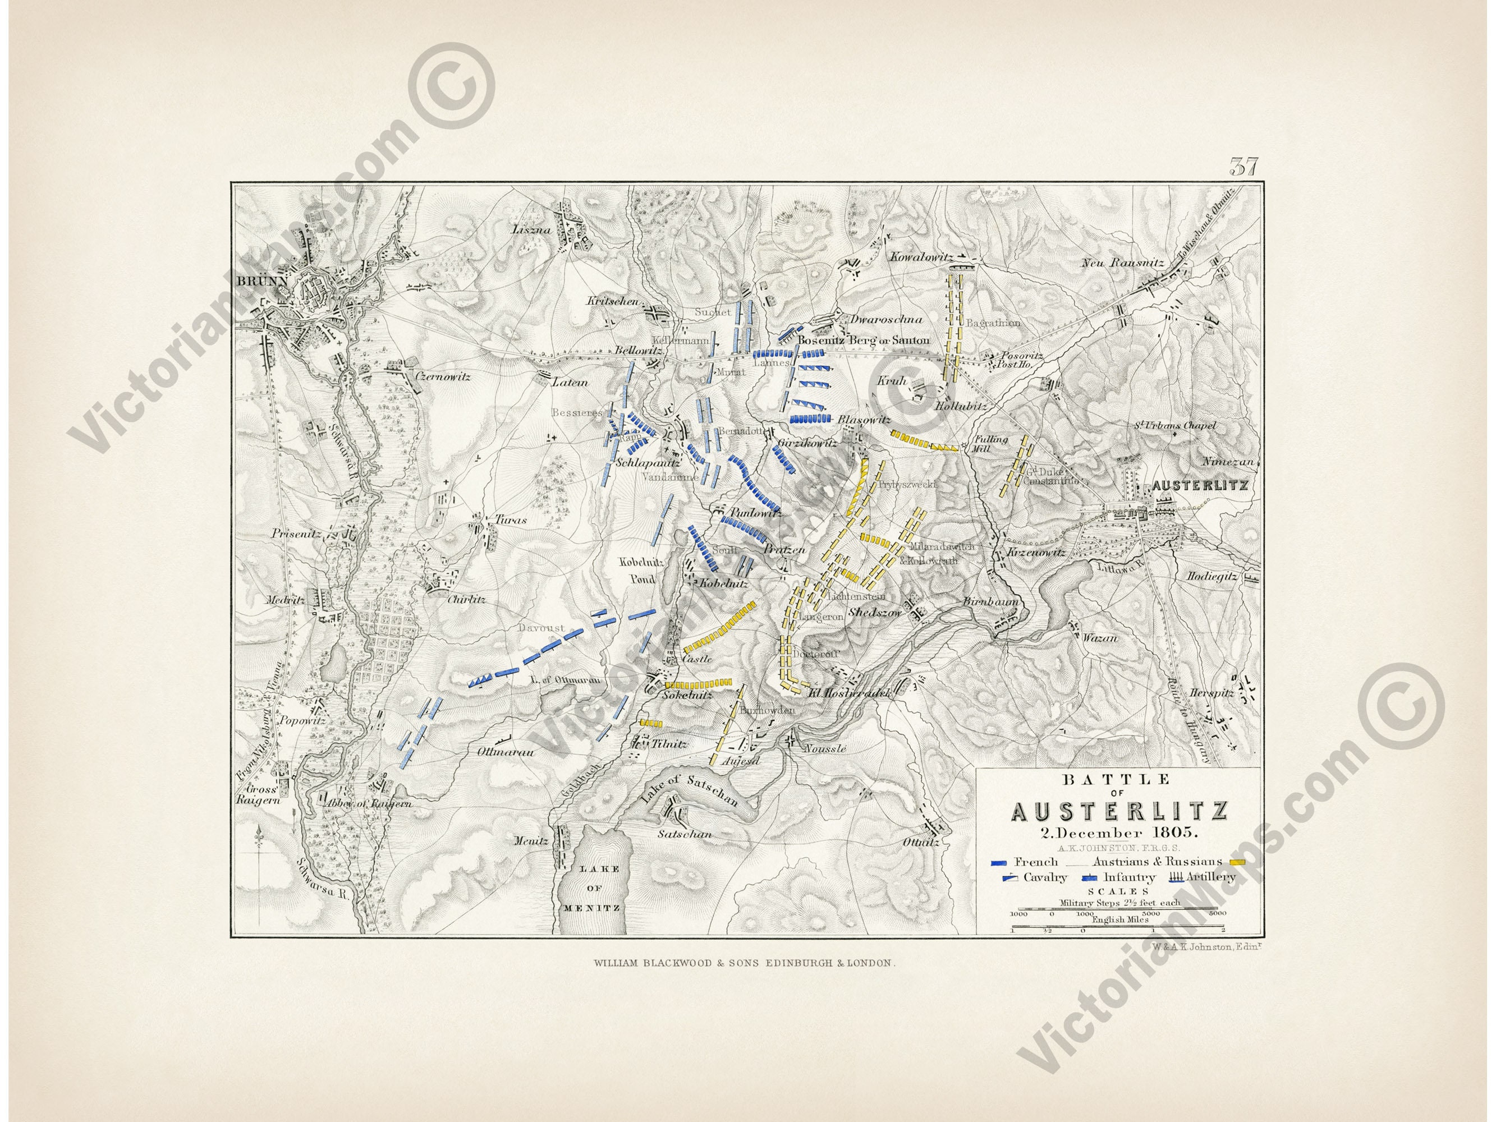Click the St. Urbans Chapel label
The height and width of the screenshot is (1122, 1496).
1176,426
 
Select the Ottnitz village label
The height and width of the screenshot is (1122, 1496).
922,843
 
